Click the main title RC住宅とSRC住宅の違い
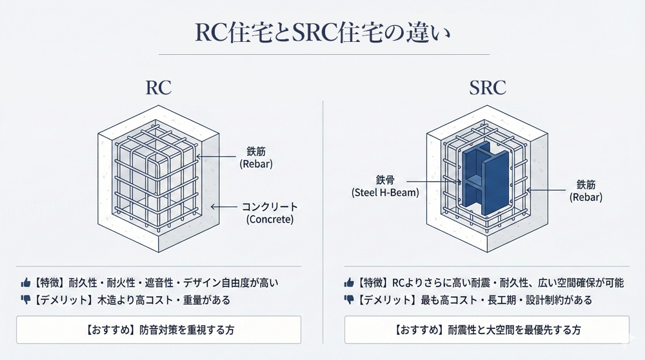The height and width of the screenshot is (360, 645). [x=322, y=32]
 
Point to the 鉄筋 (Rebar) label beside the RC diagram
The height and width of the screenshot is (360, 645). [x=256, y=157]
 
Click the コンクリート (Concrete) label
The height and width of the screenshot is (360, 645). [x=270, y=213]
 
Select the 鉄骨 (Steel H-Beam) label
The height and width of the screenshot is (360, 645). [x=385, y=185]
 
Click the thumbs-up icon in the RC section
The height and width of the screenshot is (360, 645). [x=26, y=283]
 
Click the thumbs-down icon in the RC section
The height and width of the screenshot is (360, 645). [x=26, y=299]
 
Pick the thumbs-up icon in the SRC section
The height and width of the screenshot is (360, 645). [x=349, y=283]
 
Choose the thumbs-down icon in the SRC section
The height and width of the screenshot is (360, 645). [x=349, y=299]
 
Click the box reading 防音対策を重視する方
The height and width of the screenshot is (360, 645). [x=159, y=330]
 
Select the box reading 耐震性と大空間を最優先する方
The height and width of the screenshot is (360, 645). [x=487, y=330]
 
